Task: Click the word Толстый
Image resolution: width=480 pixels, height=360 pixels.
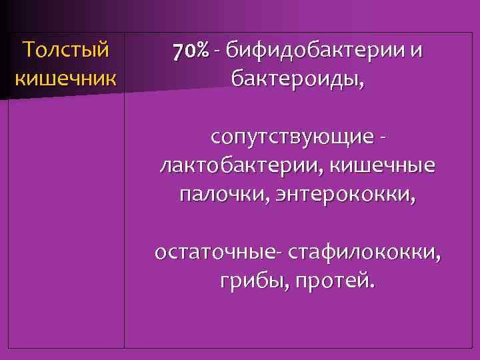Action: [65, 50]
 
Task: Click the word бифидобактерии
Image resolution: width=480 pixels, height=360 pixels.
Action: [314, 51]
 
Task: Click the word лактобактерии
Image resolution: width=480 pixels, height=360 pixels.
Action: [240, 165]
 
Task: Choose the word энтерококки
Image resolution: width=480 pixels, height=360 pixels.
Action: [339, 193]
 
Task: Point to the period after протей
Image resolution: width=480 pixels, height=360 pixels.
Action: [371, 285]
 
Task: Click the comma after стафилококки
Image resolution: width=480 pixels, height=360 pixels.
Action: [438, 257]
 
